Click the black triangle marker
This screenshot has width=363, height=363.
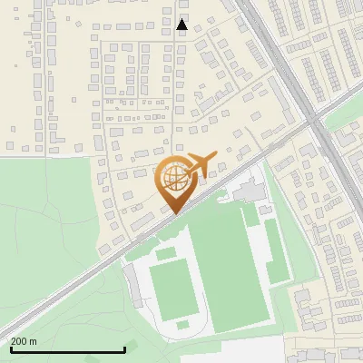point(182,25)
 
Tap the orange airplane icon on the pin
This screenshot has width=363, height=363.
point(201,163)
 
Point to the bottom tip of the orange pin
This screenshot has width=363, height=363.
point(173,213)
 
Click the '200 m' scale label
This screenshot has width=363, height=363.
point(24,341)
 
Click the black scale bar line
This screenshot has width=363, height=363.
point(67,349)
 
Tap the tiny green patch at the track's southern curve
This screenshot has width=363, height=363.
point(183,324)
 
